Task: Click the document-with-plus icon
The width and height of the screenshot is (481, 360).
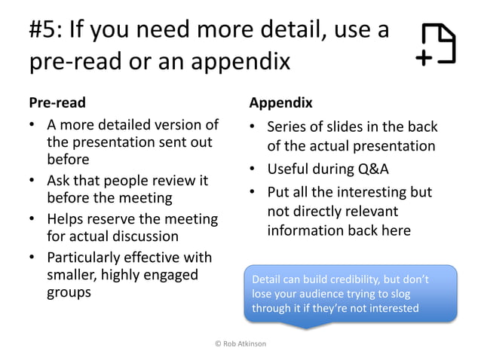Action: pos(437,44)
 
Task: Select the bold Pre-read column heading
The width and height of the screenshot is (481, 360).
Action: pos(57,102)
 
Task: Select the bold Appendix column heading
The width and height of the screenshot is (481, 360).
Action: pos(280,102)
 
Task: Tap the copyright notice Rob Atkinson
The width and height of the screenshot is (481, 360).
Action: pos(240,344)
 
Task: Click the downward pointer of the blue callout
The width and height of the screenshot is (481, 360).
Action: pos(305,325)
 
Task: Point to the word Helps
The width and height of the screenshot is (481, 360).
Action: pos(67,221)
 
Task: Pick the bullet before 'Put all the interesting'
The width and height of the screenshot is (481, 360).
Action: pos(254,193)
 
